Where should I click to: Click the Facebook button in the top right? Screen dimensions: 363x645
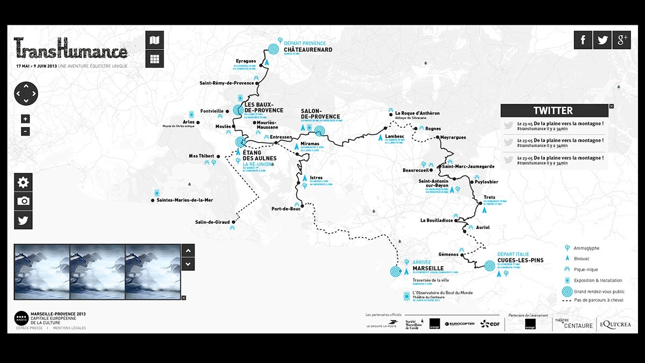583,40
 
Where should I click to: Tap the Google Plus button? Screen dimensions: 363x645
621,40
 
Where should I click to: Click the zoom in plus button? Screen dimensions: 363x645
26,119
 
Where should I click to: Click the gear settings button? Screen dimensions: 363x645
23,182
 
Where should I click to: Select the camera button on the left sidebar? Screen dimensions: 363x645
23,201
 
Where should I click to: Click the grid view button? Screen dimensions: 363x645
155,59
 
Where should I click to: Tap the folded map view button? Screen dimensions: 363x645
155,40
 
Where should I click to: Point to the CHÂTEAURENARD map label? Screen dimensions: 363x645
308,50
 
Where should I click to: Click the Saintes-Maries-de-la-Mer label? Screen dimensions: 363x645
185,201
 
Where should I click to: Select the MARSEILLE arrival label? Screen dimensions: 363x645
428,268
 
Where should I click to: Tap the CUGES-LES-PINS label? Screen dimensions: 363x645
520,260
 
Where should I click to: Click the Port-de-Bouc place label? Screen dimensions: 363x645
285,209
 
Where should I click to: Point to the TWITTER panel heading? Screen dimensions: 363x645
553,111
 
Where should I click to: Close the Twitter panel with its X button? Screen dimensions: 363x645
611,106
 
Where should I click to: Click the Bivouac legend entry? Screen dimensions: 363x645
583,259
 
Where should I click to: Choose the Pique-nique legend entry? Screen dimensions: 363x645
585,269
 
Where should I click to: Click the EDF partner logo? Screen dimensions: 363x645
491,324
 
